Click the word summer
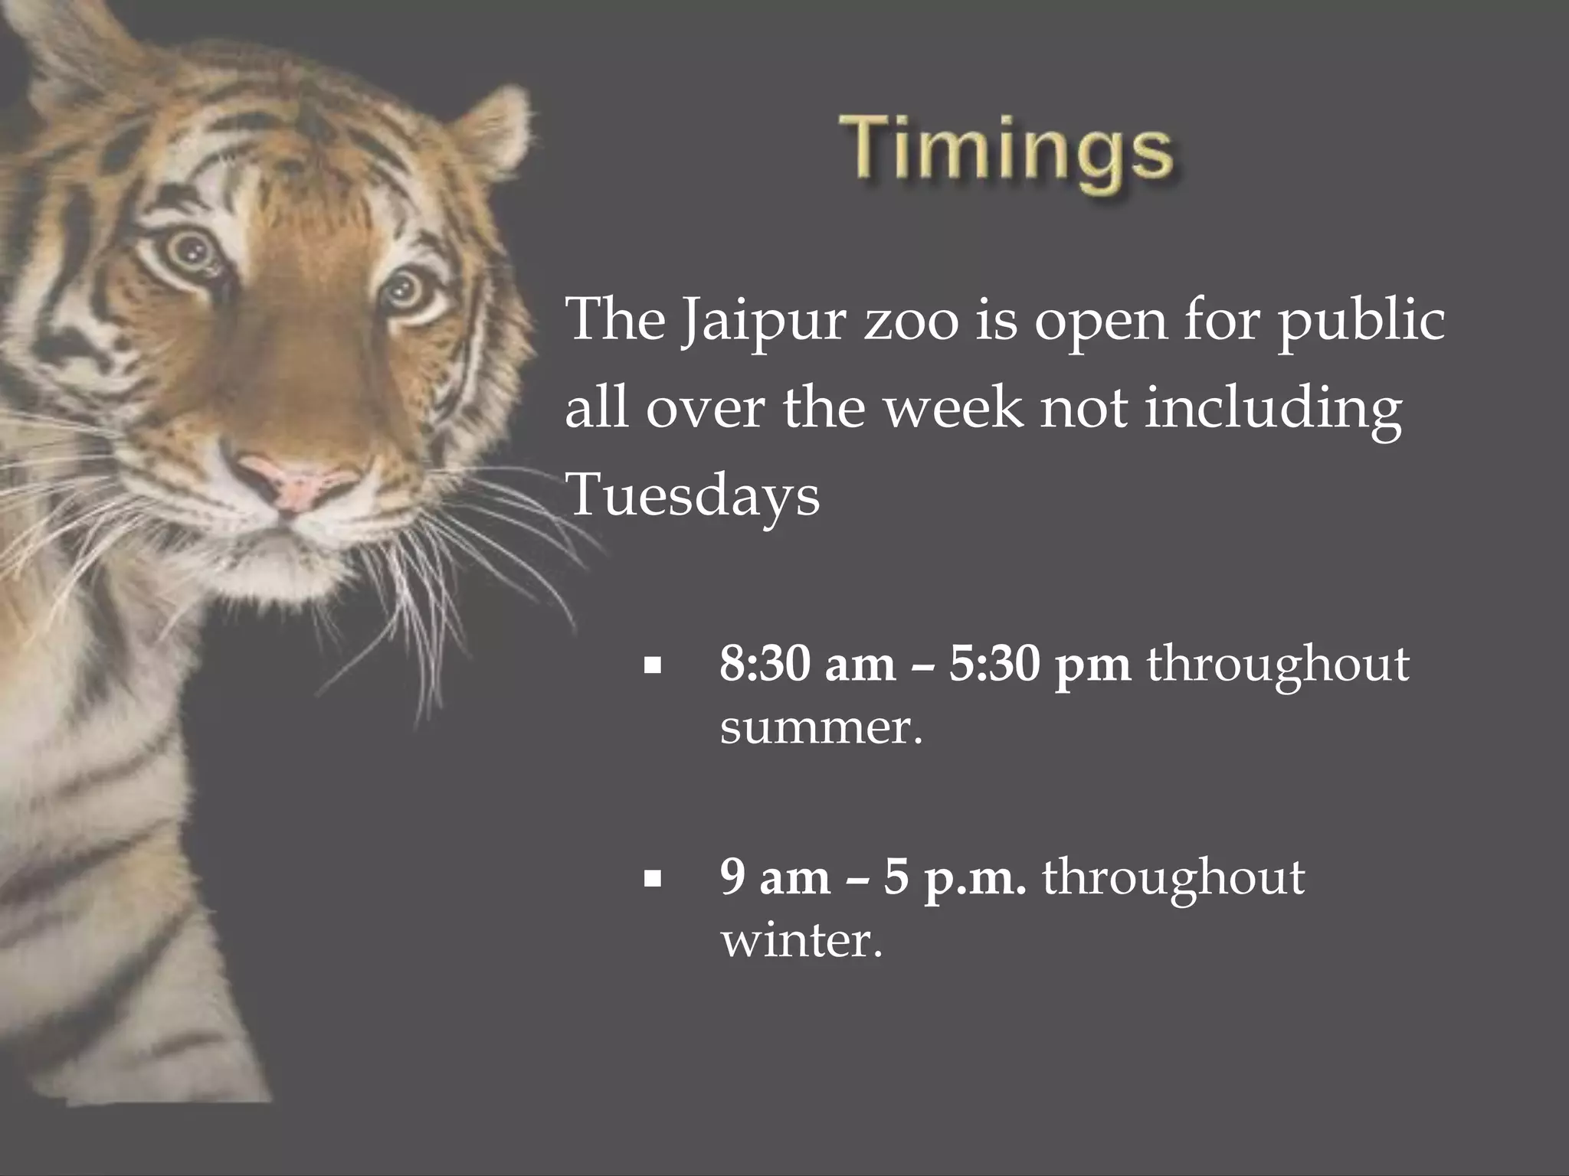[821, 727]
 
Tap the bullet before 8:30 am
[653, 666]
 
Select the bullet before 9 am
[653, 880]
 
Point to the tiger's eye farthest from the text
[187, 249]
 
